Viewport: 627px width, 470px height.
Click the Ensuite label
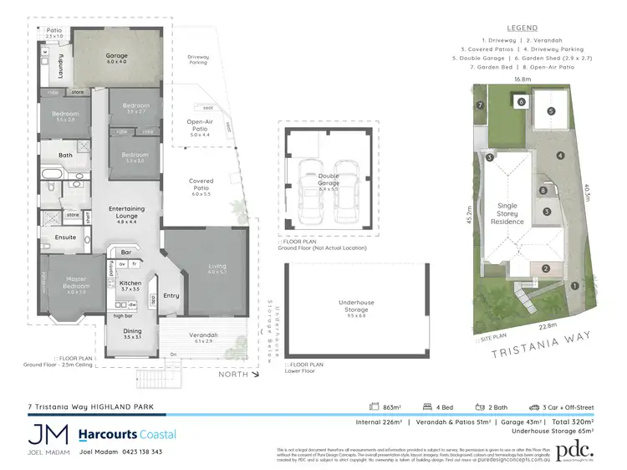click(x=66, y=237)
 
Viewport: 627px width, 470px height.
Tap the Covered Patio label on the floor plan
click(x=201, y=185)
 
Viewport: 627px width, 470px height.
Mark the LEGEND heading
click(x=522, y=28)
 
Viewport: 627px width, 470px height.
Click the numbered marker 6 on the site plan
click(x=521, y=102)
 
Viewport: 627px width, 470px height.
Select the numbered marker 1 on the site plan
click(x=573, y=286)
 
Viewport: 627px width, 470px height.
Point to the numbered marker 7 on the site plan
click(x=481, y=105)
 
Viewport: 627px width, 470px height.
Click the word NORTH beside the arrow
click(x=232, y=374)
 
